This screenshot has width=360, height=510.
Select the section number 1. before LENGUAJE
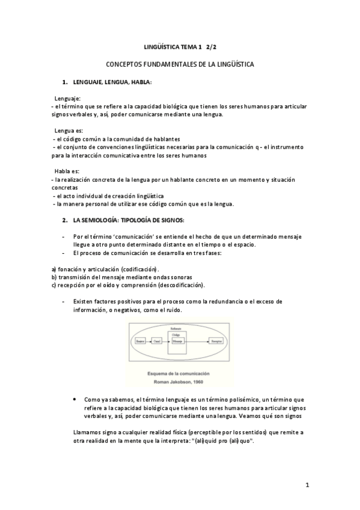coord(65,81)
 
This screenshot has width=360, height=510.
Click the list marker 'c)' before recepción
coord(54,285)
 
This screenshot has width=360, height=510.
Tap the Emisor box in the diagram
coord(141,341)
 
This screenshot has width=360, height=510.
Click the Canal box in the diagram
coord(157,341)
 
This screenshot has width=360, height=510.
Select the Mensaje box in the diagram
coord(177,341)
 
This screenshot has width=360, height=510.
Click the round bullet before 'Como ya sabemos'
coord(73,399)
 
